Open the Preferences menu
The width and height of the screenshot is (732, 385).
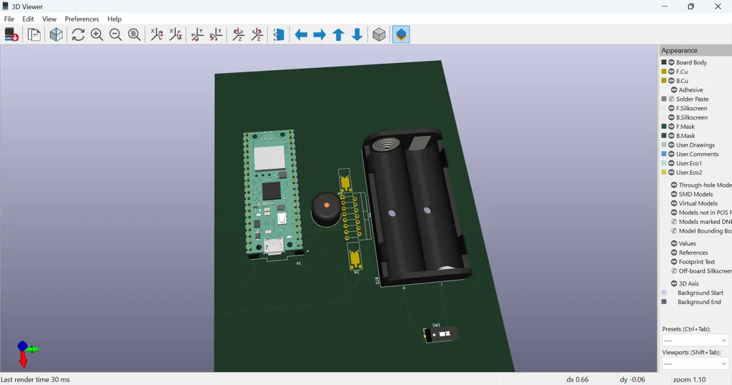tap(81, 19)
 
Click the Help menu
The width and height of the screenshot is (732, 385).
tap(114, 19)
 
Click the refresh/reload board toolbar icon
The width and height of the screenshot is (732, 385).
tap(78, 34)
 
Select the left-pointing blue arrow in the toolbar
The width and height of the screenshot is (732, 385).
tap(301, 34)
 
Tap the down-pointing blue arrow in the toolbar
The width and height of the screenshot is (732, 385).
tap(357, 34)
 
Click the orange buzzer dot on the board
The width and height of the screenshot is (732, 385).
tap(327, 205)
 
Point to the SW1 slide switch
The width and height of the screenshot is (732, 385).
tap(441, 334)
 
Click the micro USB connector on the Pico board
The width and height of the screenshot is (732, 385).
tap(272, 247)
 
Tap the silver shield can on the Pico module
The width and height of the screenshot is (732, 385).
tap(269, 158)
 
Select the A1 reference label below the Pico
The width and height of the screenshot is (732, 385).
tap(299, 263)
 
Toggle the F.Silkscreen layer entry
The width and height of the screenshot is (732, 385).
tap(692, 108)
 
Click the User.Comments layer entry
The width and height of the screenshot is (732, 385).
tap(697, 154)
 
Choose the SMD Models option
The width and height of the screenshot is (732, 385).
tap(696, 194)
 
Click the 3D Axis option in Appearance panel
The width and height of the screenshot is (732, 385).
tap(688, 283)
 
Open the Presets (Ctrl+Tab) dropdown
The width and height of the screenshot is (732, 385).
tap(695, 341)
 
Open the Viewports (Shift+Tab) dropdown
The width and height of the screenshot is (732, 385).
tap(695, 364)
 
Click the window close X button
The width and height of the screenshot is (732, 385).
tap(718, 6)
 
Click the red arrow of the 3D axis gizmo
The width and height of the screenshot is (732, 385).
tap(24, 360)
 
